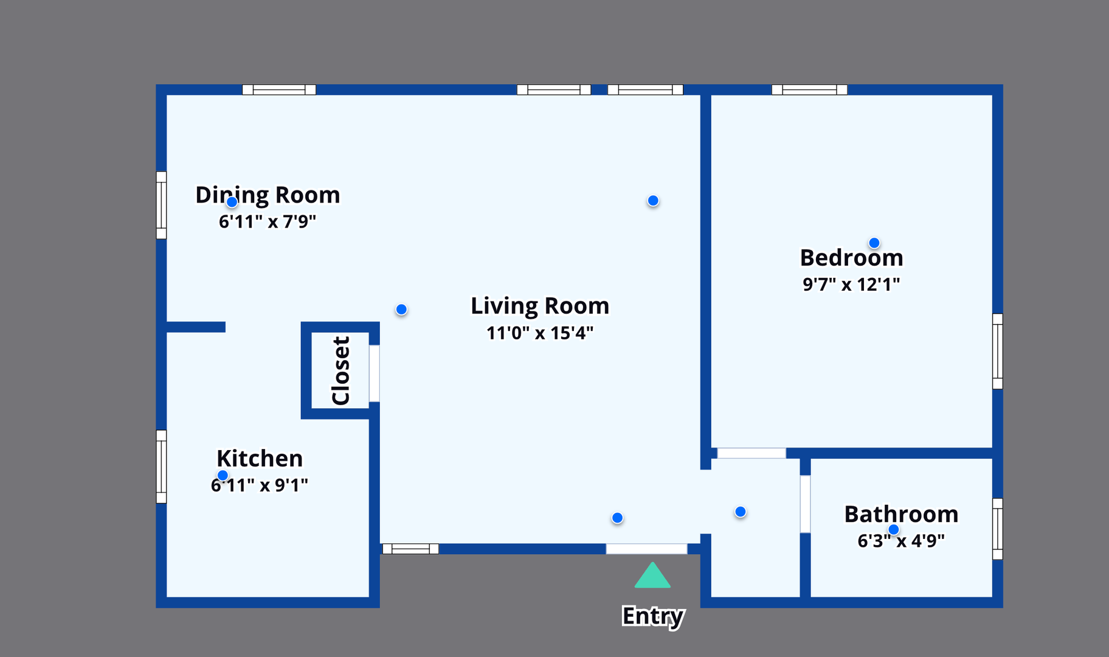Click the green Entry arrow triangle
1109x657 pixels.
pos(652,575)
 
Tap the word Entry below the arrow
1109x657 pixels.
pos(653,616)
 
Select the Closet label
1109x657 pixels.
pos(340,370)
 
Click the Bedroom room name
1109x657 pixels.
pos(851,257)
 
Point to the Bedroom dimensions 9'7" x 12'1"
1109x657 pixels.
pos(851,284)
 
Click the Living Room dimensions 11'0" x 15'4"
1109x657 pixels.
pos(540,333)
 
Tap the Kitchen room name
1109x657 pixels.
pos(260,458)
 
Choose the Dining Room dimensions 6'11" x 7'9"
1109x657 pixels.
pos(268,221)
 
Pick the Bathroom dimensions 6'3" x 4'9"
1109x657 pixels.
pos(901,540)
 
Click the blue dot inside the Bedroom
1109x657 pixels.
pos(874,243)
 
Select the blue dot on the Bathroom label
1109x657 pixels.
pos(894,530)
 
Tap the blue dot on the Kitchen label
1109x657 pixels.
pos(223,476)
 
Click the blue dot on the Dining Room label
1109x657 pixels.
pos(232,202)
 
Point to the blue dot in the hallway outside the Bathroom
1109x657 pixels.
pos(741,512)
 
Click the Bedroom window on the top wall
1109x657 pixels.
pos(809,90)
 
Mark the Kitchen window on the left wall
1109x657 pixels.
pos(161,467)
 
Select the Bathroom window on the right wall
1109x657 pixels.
pos(998,529)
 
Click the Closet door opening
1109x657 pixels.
pos(375,374)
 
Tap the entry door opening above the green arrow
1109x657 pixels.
pos(646,549)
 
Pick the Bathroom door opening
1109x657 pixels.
pos(805,504)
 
